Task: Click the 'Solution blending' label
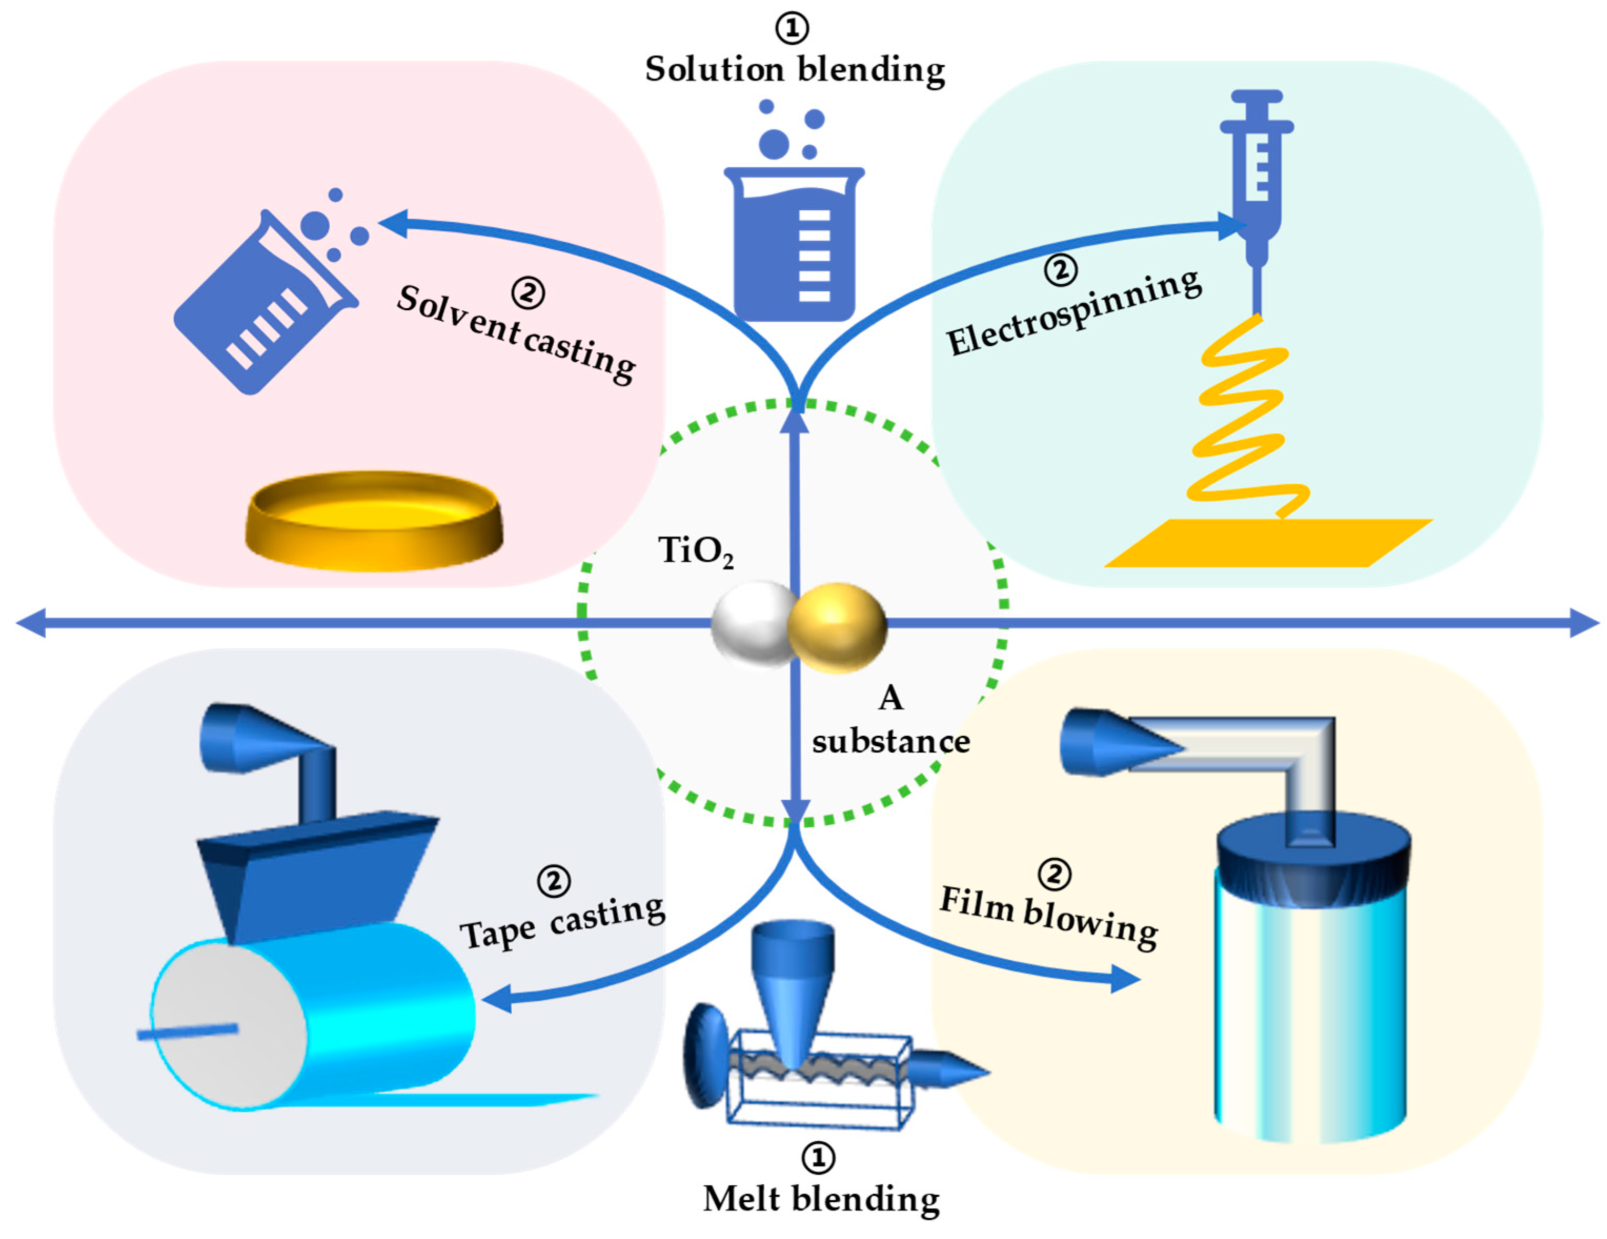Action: coord(795,70)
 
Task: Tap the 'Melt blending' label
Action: coord(821,1199)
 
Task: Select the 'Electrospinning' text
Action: coord(1074,313)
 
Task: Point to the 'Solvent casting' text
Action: coord(515,335)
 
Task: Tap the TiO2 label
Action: coord(695,551)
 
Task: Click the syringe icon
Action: coord(1257,177)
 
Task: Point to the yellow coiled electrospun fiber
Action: coord(1244,419)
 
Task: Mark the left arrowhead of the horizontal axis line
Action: coord(31,623)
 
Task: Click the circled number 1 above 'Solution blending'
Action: coord(792,28)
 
